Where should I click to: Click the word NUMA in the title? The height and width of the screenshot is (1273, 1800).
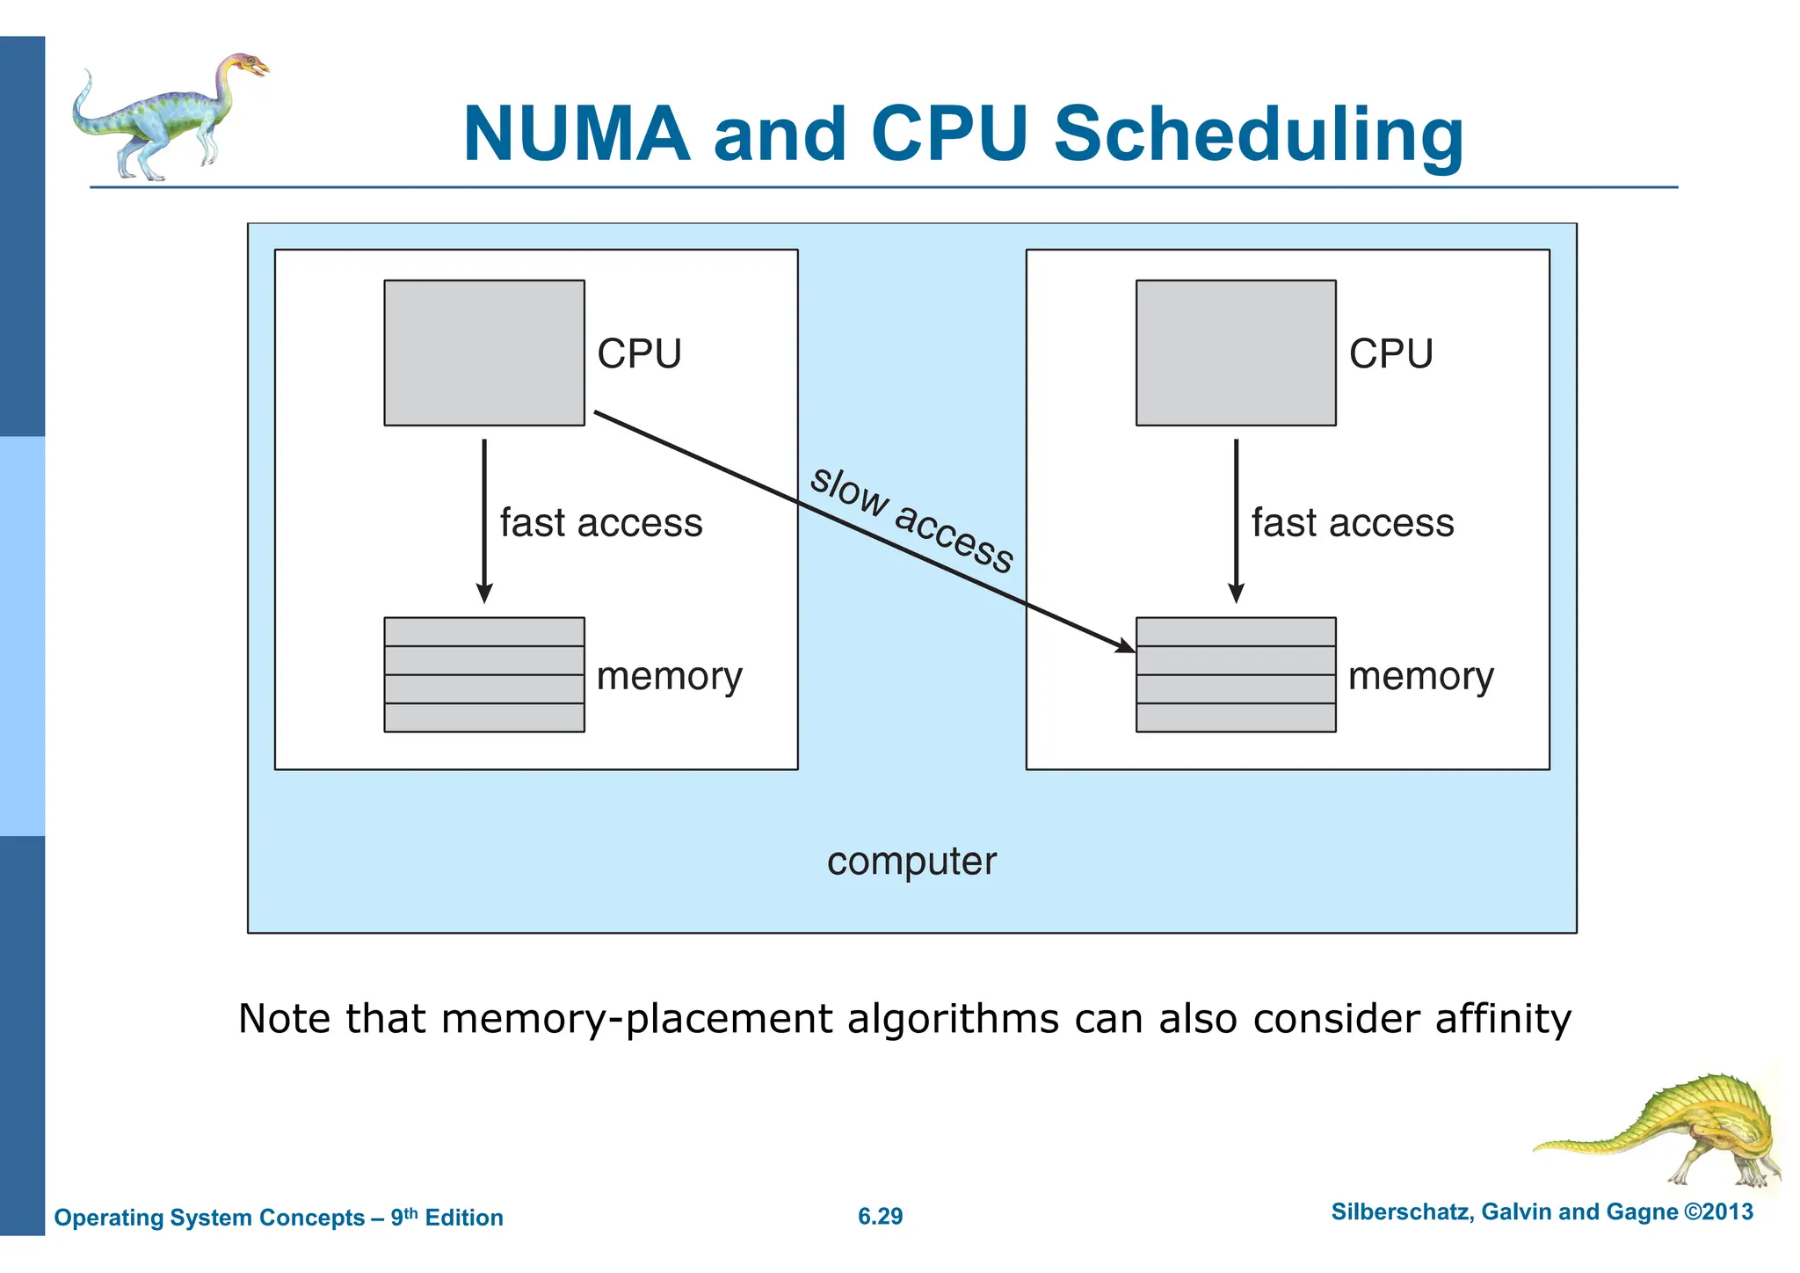point(577,135)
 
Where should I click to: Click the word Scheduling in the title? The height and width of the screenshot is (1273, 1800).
point(1259,136)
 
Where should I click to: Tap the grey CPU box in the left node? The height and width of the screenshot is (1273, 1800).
point(484,353)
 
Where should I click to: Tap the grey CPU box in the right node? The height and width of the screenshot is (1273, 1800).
point(1236,353)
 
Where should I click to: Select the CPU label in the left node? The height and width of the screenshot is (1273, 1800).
point(639,354)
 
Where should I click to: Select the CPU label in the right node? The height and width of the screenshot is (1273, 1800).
point(1390,354)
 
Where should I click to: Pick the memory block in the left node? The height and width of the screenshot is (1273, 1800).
point(484,674)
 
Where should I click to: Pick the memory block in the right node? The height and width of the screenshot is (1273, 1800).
point(1236,674)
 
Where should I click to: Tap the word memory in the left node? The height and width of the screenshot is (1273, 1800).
point(669,677)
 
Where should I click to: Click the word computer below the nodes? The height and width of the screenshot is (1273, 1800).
point(911,862)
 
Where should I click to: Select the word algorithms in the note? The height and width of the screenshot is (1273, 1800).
point(952,1019)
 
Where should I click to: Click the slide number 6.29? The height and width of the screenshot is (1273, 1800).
point(880,1216)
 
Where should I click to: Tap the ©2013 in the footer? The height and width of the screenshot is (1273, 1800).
point(1718,1211)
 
